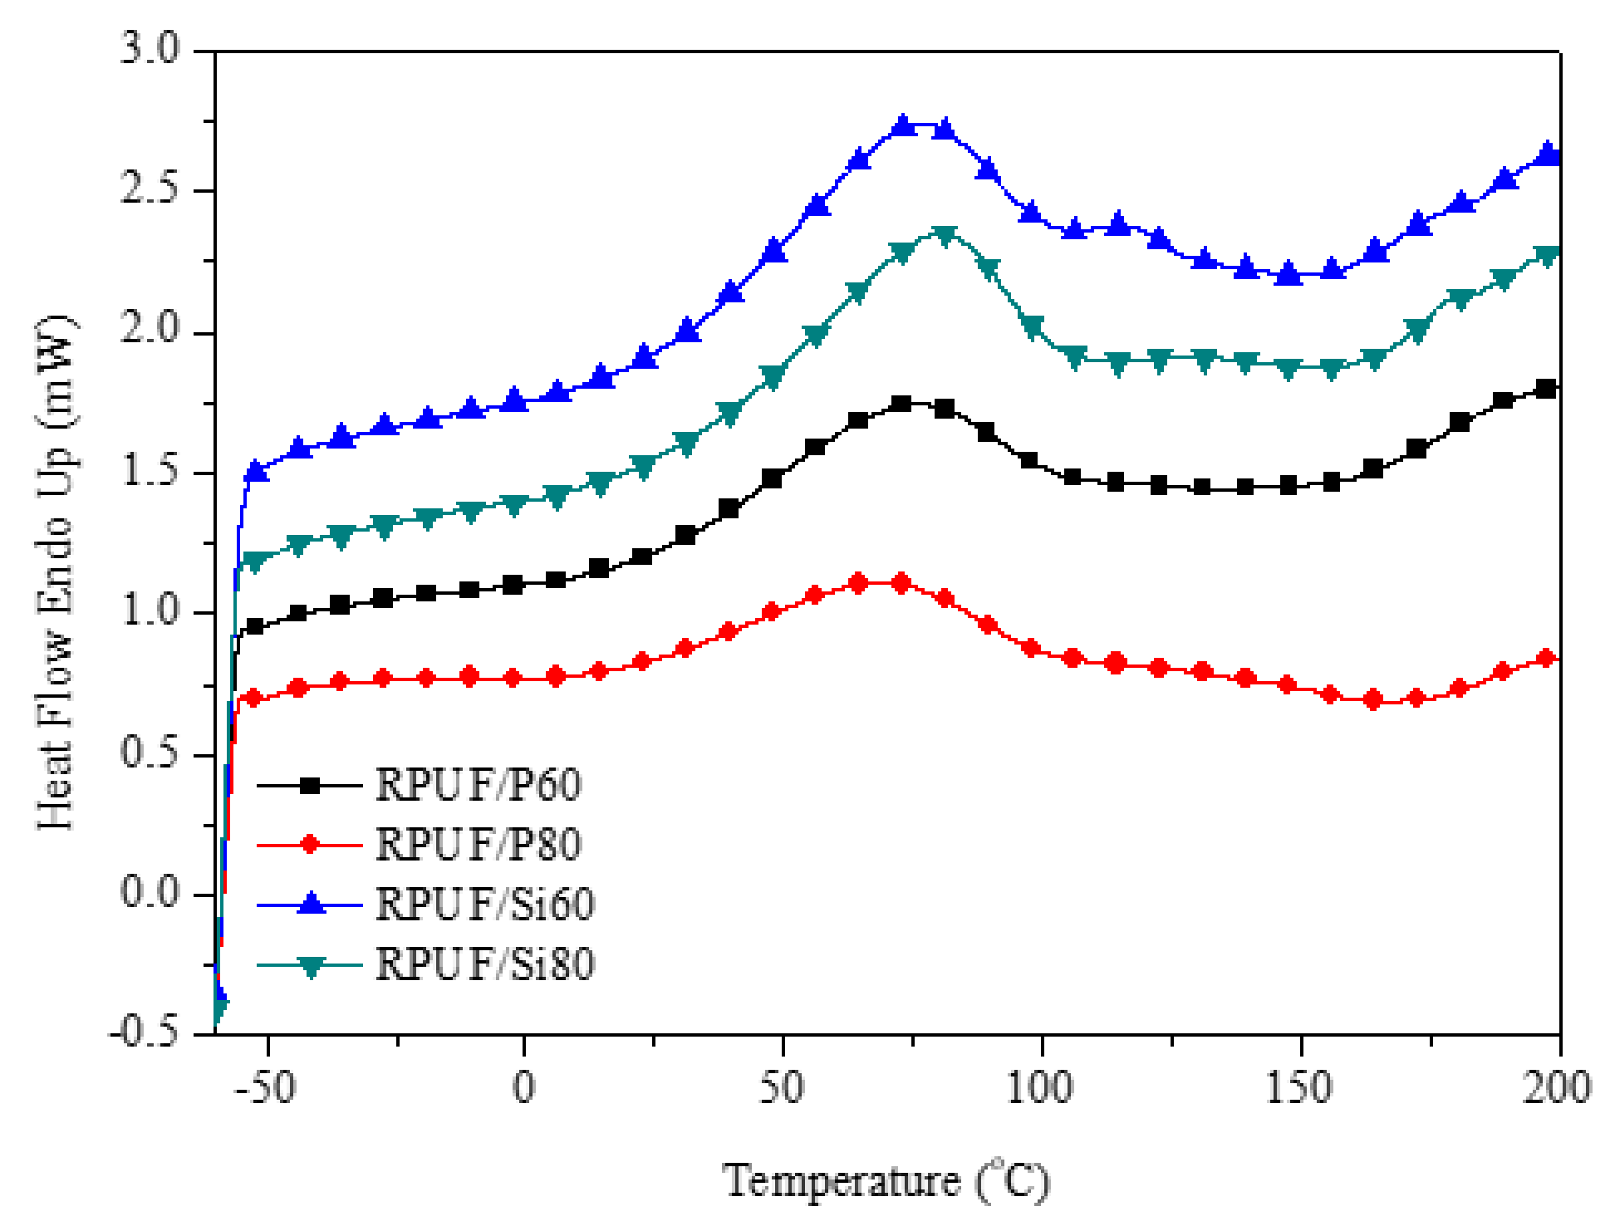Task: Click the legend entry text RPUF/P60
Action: coord(478,784)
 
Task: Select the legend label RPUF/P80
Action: coord(478,845)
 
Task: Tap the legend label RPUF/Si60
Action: coord(484,905)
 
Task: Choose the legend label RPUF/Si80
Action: coord(484,964)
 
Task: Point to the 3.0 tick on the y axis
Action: coord(150,50)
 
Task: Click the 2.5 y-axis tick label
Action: coord(150,189)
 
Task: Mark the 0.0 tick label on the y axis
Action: coord(150,893)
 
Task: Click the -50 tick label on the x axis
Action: coord(265,1087)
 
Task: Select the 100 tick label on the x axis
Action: coord(1040,1087)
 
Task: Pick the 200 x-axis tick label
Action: coord(1556,1087)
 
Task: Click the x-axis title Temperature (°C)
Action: coord(886,1181)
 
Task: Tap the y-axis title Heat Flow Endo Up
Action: coord(56,573)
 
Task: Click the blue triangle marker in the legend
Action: coord(311,903)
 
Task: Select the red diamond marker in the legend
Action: coord(310,845)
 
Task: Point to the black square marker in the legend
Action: coord(310,785)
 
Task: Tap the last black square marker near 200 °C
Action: coord(1545,389)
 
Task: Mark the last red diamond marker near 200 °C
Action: coord(1546,659)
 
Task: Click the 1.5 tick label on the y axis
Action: coord(150,471)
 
